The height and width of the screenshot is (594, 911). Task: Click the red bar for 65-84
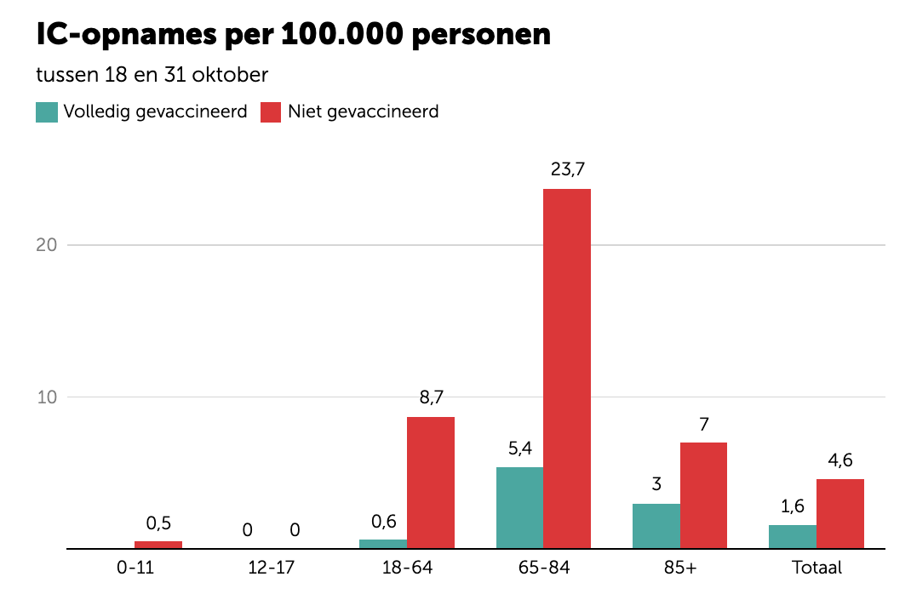coord(567,368)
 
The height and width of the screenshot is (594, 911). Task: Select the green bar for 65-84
coord(519,508)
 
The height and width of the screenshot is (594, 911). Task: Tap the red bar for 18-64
coord(431,483)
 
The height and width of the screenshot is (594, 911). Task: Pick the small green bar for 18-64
coord(383,544)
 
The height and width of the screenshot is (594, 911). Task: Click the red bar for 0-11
coord(158,545)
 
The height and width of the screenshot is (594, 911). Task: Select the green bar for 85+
coord(656,526)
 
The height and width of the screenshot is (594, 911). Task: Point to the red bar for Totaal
coord(840,514)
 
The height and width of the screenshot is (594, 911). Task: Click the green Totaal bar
coord(793,537)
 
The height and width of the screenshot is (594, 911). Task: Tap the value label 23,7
coord(568,169)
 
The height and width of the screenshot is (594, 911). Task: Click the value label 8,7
coord(431,397)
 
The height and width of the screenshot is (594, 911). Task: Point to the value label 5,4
coord(519,448)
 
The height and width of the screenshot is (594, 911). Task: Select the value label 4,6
coord(840,460)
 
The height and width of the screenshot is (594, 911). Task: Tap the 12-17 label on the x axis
coord(271,568)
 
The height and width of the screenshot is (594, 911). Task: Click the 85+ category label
coord(680,568)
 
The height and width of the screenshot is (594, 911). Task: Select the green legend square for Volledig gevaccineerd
coord(47,111)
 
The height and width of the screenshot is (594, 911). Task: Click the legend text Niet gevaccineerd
coord(364,111)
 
